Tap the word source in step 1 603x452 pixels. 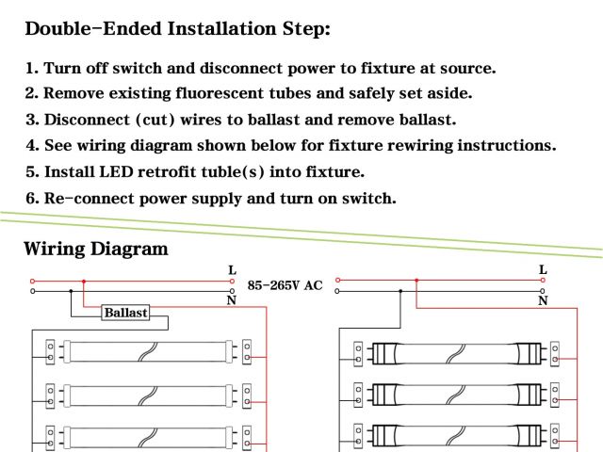tap(462, 68)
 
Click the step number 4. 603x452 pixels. tap(31, 146)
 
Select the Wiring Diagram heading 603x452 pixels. tap(95, 250)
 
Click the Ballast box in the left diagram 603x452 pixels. tap(125, 312)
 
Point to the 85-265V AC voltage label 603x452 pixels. tap(285, 284)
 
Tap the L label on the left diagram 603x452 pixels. tap(232, 271)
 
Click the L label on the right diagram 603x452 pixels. tap(543, 270)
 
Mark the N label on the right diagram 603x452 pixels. tap(543, 300)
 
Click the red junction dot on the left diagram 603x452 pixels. tap(84, 281)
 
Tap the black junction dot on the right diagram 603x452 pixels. tap(400, 291)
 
